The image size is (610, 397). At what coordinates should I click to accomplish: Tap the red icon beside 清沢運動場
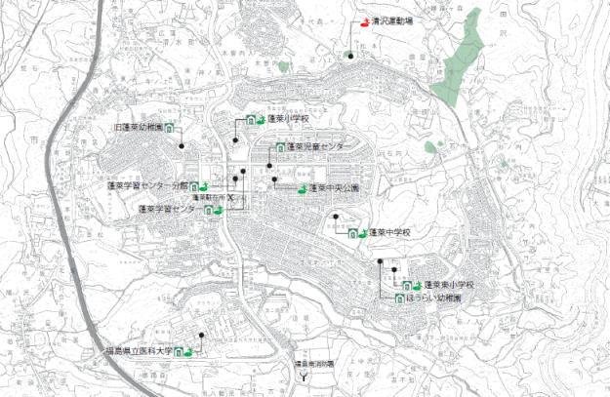coord(366,20)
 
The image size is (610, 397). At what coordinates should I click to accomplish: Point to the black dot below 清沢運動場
coord(350,57)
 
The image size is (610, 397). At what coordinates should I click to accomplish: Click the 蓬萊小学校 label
coord(288,119)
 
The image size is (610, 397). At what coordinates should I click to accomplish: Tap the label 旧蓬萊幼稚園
coord(134,128)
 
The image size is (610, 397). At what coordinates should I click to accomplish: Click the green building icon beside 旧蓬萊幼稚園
coord(169,128)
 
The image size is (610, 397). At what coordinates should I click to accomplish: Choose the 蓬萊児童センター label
coord(318,146)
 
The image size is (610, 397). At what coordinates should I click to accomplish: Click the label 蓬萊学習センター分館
coord(145,184)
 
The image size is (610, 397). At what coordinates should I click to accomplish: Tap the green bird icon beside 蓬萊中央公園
coord(302,188)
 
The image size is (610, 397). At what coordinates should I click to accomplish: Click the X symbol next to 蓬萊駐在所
coord(231,197)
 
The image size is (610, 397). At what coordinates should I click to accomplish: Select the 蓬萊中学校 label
coord(392,233)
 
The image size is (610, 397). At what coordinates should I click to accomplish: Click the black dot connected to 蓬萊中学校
coord(335,217)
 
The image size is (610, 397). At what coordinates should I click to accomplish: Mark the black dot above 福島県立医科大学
coord(201,337)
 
